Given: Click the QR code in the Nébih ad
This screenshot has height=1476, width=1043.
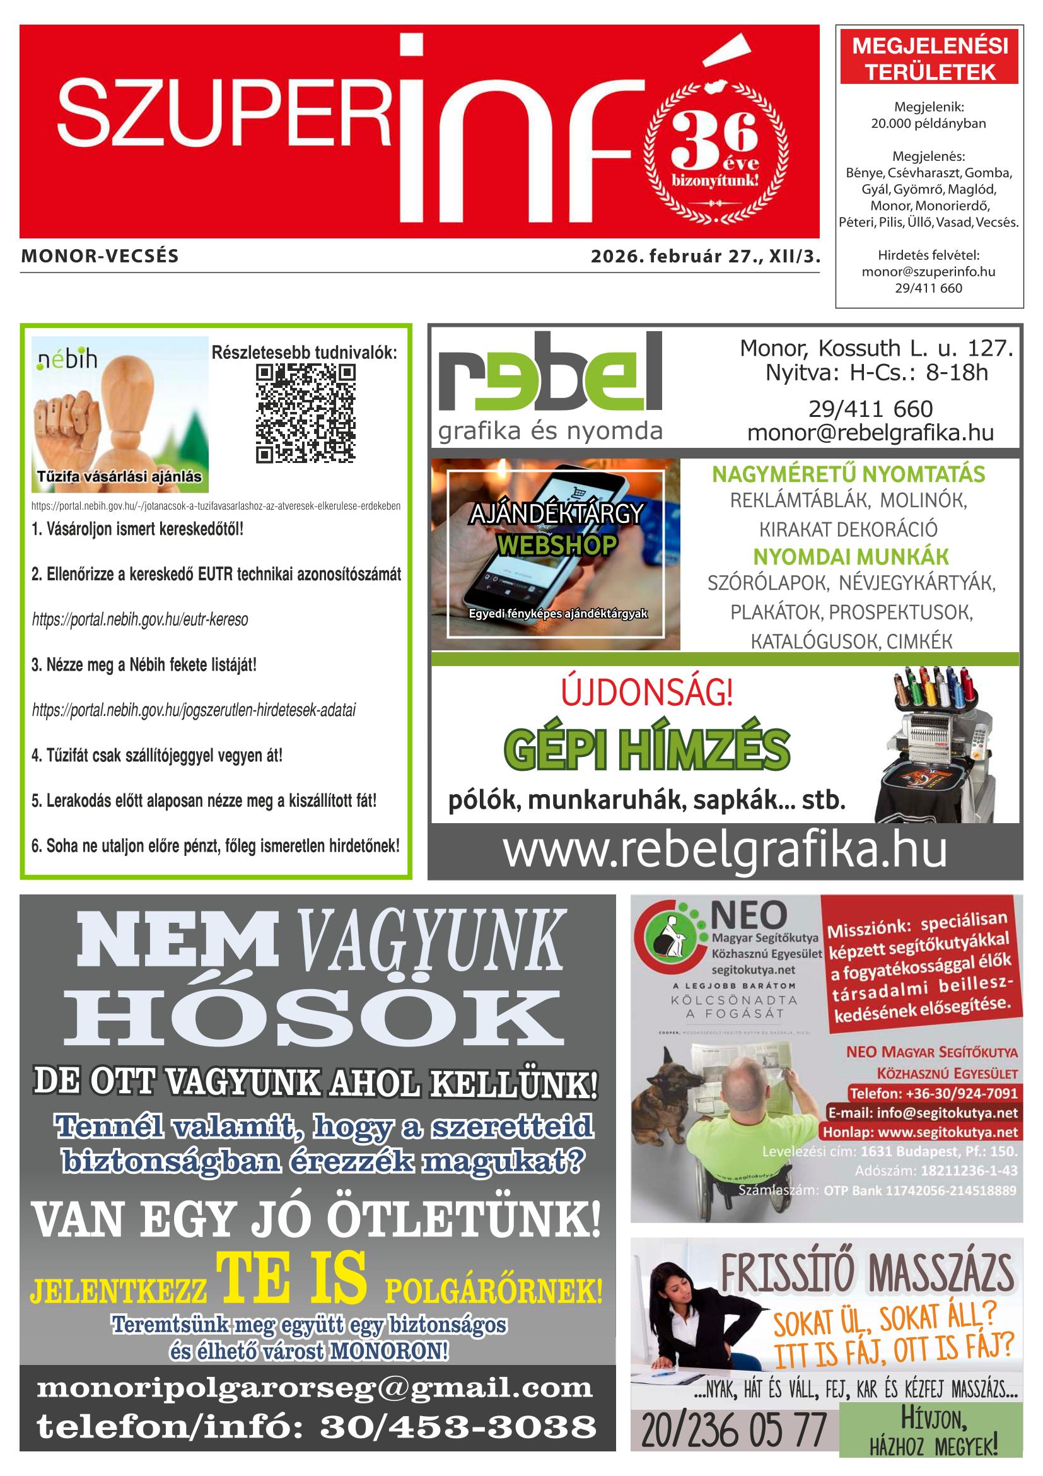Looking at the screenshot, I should [x=305, y=413].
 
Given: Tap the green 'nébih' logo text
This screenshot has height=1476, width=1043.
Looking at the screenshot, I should [x=67, y=359].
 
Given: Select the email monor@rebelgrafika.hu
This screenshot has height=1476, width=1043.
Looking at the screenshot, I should [x=870, y=433].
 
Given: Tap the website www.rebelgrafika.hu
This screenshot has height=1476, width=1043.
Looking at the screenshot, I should [x=725, y=850].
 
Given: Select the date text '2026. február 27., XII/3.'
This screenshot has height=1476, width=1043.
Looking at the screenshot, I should [x=706, y=257].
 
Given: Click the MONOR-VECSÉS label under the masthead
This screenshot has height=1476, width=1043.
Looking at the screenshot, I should [x=100, y=257].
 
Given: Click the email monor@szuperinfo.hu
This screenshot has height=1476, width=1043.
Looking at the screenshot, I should [x=928, y=272].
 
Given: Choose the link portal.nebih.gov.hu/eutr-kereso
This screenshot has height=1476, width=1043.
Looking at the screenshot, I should [x=140, y=619].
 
